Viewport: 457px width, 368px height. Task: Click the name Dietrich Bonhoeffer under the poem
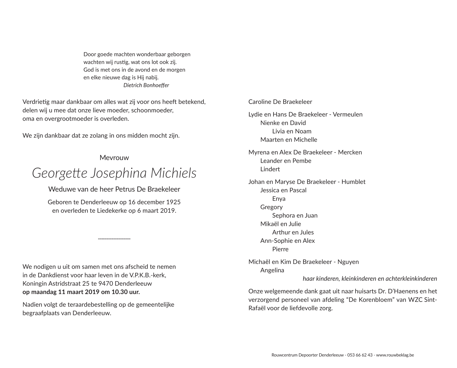[x=146, y=85]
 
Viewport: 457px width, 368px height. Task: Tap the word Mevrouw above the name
[x=114, y=158]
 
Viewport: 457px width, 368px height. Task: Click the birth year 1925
[x=174, y=202]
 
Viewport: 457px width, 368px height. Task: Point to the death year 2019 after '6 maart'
[x=168, y=210]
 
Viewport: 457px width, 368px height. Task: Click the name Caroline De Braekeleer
[x=280, y=102]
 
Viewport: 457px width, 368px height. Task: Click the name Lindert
[x=270, y=169]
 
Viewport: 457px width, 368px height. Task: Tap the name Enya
[x=279, y=199]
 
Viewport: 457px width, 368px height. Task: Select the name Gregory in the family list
[x=271, y=207]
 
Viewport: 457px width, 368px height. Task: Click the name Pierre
[x=280, y=249]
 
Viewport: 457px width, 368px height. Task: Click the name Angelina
[x=272, y=270]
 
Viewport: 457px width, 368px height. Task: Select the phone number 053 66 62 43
[x=360, y=355]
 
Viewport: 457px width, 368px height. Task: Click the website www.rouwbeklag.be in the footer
[x=395, y=355]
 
